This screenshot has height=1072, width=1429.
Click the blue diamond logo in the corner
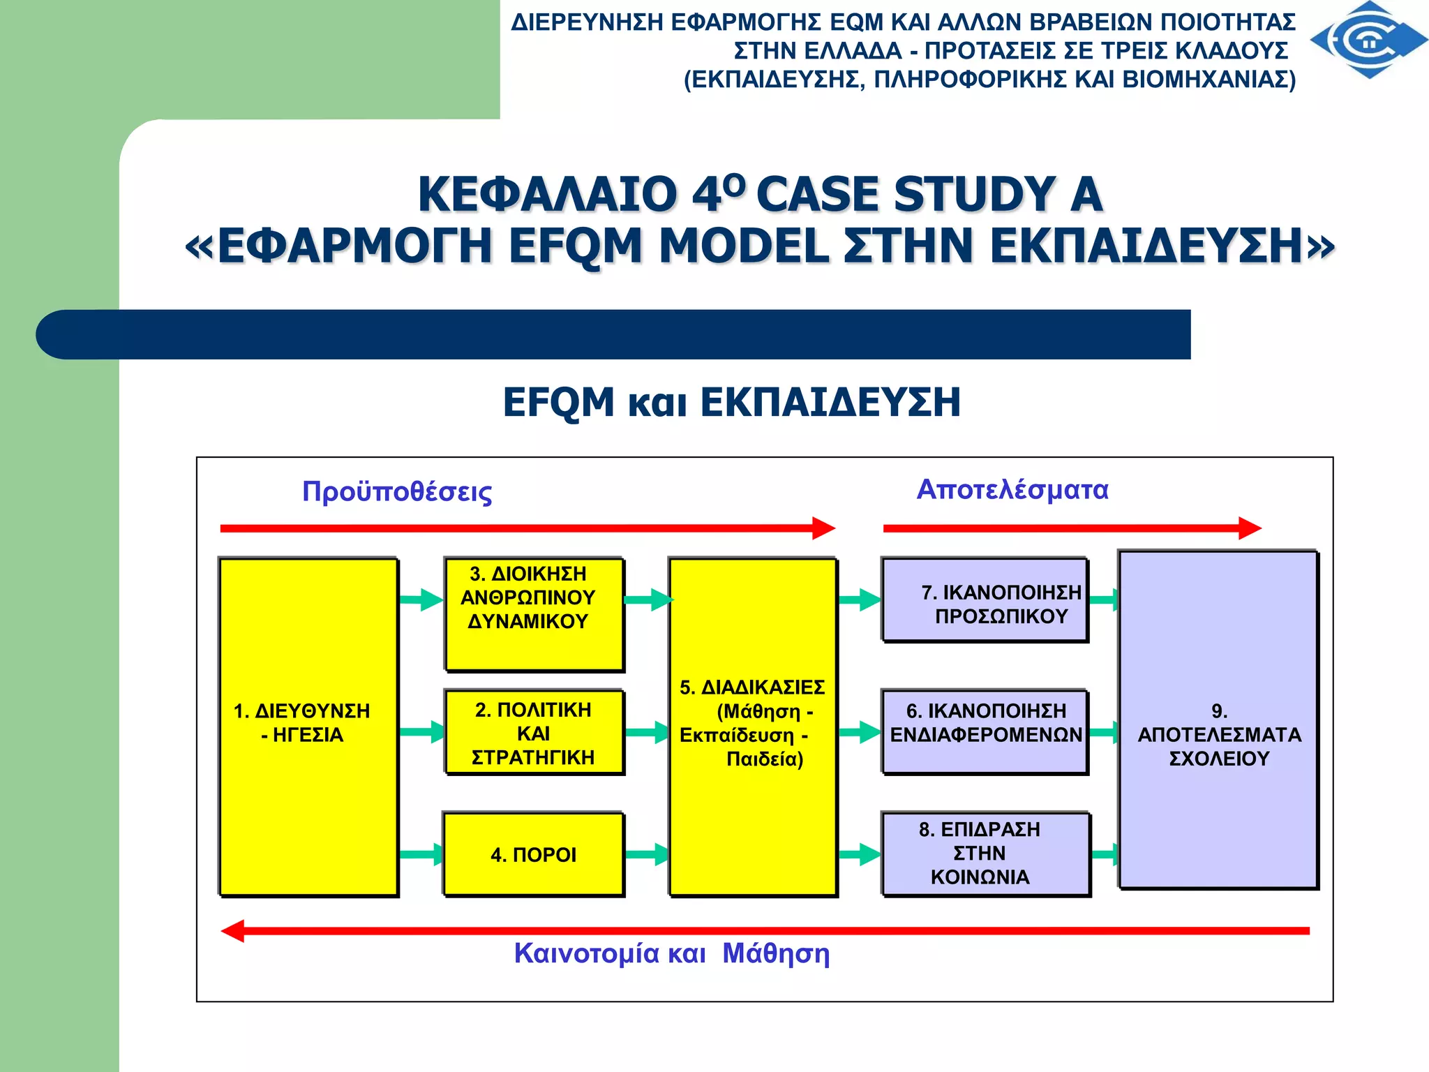(x=1369, y=40)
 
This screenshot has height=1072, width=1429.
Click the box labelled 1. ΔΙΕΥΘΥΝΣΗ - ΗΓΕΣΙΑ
(x=308, y=726)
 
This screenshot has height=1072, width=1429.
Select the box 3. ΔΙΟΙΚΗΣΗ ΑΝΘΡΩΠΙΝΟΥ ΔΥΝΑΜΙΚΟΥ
(x=534, y=614)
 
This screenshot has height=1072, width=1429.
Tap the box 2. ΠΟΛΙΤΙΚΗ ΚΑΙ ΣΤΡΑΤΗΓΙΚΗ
(x=534, y=732)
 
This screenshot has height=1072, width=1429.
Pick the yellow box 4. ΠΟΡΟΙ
(x=534, y=854)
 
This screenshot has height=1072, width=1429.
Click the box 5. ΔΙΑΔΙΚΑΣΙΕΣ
(x=752, y=726)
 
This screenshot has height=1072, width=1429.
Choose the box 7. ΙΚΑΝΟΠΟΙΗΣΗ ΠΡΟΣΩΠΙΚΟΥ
(x=985, y=600)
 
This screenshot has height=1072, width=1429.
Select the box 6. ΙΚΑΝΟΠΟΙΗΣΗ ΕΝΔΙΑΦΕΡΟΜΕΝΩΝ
(x=985, y=731)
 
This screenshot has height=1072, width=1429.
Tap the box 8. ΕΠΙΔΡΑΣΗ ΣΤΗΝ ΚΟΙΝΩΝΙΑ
(x=985, y=854)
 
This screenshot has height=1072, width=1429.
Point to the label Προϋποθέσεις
(x=397, y=491)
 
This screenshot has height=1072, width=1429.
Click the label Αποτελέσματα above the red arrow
(x=1012, y=489)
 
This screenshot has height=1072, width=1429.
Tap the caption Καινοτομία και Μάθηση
(x=671, y=953)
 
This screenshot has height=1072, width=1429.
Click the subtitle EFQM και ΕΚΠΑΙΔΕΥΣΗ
(x=731, y=403)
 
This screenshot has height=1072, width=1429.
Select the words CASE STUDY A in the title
(x=929, y=194)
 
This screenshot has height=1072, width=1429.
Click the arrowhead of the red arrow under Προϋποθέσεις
(x=824, y=528)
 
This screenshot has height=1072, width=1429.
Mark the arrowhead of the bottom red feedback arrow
(x=233, y=930)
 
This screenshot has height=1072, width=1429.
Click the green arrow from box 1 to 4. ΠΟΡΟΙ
(x=421, y=854)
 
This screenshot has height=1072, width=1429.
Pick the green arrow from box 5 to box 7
(x=860, y=600)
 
